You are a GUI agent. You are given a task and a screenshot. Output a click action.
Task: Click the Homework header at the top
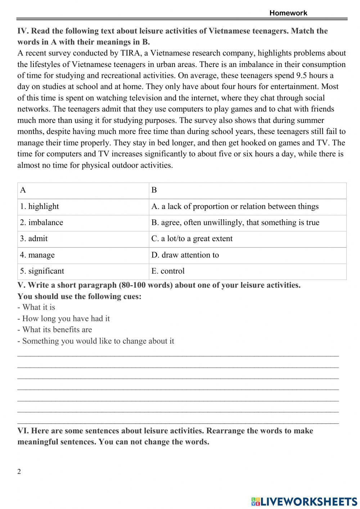(x=288, y=13)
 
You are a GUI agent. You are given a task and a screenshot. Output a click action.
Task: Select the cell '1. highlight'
(x=40, y=206)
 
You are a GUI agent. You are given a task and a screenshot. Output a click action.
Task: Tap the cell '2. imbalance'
(x=42, y=223)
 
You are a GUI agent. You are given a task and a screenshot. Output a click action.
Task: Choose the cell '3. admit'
(x=34, y=238)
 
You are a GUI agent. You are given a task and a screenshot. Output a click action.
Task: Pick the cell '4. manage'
(x=37, y=255)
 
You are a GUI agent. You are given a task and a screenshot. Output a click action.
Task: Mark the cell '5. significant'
(x=42, y=271)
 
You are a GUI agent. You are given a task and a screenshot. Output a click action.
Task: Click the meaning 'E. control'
(x=168, y=271)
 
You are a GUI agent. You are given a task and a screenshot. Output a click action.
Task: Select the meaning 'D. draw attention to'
(x=185, y=255)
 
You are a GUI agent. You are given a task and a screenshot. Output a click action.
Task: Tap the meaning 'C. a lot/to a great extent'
(x=192, y=238)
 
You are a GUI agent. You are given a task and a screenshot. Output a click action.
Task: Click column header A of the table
(x=23, y=190)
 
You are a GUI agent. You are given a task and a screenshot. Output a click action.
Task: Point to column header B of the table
(x=154, y=190)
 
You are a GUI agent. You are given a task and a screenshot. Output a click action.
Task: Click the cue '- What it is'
(x=36, y=307)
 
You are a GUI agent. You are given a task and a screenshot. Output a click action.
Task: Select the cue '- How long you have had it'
(x=63, y=318)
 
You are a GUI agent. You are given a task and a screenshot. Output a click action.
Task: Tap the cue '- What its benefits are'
(x=55, y=330)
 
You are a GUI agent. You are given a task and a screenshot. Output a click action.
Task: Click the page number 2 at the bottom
(x=19, y=472)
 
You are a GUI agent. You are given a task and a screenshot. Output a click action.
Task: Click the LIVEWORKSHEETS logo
(x=304, y=501)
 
